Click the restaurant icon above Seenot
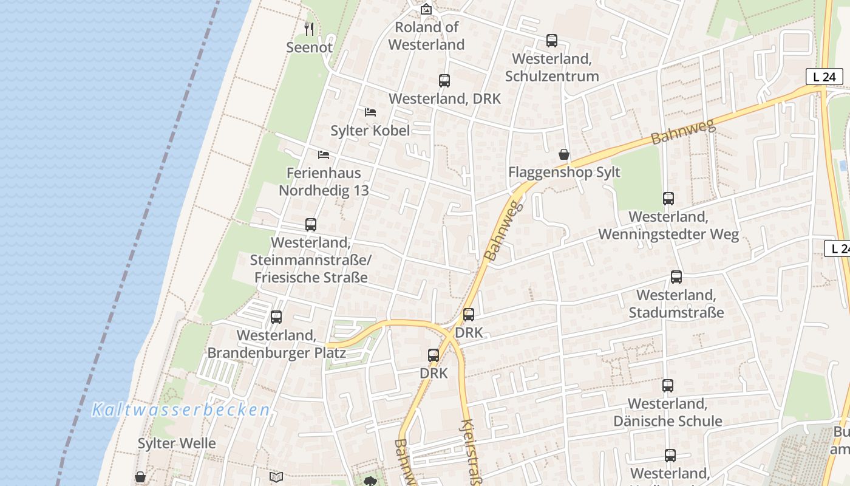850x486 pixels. tap(309, 29)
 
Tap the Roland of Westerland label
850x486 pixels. tap(426, 36)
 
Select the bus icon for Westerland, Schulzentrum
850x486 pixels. tap(551, 41)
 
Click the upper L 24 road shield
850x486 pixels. tap(824, 77)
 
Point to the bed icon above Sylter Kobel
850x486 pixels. tap(370, 112)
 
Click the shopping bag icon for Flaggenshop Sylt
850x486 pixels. tap(564, 154)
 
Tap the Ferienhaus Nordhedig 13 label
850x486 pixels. tap(324, 182)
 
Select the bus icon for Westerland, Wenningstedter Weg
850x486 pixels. tap(668, 199)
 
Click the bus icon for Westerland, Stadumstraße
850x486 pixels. tap(676, 277)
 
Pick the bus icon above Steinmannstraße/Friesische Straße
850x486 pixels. tap(310, 225)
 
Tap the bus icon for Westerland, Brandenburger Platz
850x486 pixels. tap(276, 317)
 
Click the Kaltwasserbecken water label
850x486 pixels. tap(181, 410)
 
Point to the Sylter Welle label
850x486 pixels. tap(177, 443)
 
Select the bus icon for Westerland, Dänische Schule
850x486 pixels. tap(667, 386)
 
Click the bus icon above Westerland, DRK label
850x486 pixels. tap(444, 81)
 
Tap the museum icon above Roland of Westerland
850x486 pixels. tap(426, 9)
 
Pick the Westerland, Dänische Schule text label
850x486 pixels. tap(667, 412)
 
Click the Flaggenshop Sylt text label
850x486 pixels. tap(564, 172)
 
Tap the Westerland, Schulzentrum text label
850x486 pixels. tap(551, 67)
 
